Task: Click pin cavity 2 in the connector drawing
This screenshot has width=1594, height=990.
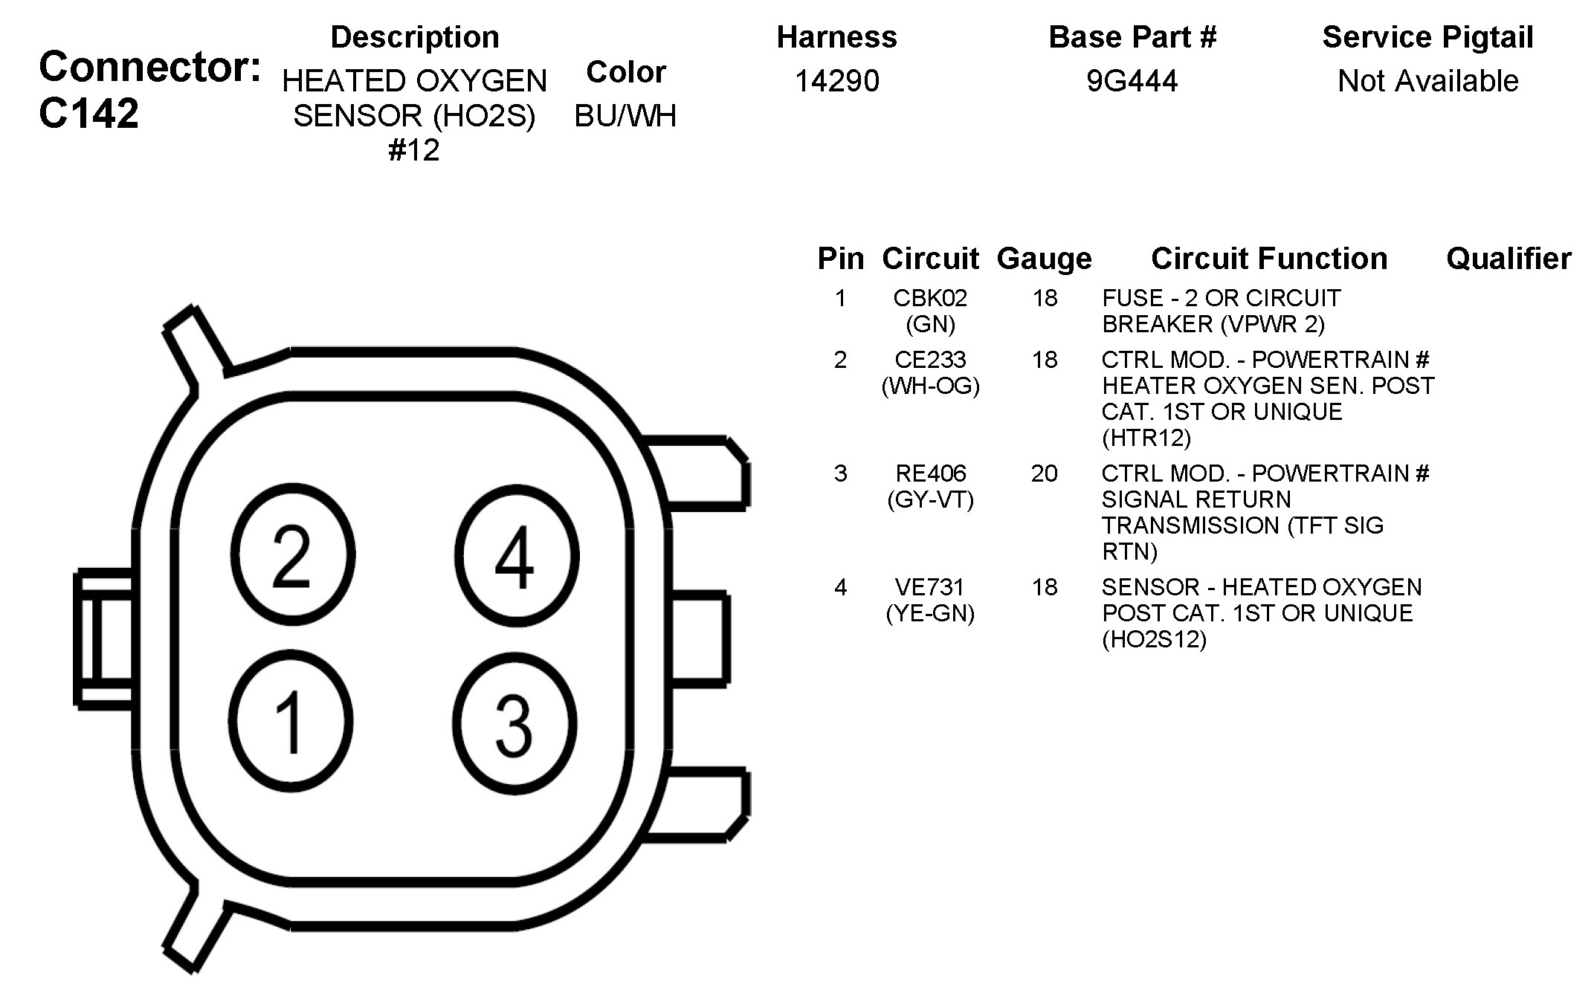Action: [x=292, y=555]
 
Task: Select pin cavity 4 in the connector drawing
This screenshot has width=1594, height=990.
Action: [x=516, y=555]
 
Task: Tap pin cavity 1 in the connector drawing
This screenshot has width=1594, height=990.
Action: [x=291, y=721]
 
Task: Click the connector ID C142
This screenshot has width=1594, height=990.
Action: [x=88, y=114]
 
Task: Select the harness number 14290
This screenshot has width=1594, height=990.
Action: [x=837, y=80]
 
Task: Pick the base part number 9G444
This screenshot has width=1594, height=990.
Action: [x=1132, y=80]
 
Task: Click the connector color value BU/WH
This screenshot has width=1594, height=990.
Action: [x=625, y=115]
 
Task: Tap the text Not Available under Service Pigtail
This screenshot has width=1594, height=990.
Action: [x=1427, y=80]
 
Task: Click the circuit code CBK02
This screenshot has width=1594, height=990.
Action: [x=930, y=298]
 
